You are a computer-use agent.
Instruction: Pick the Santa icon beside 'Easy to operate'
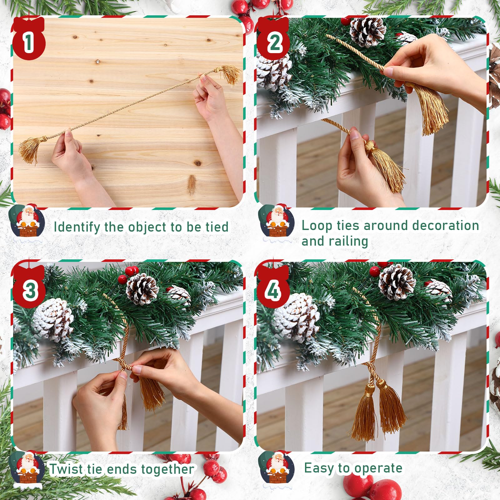(277, 469)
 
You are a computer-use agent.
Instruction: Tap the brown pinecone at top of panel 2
(368, 31)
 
